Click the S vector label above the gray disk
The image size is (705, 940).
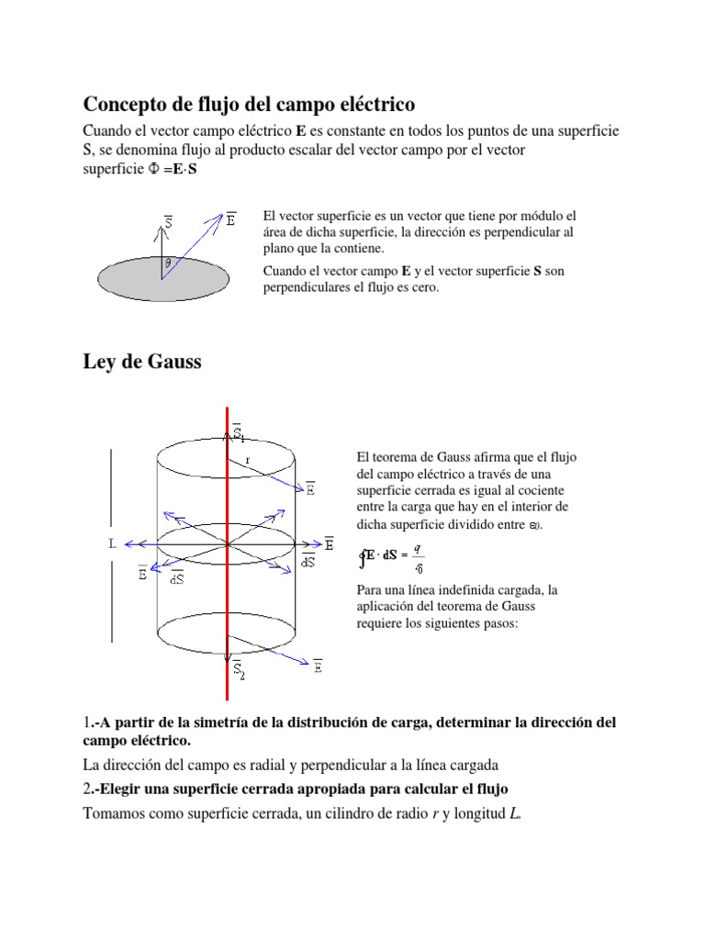point(169,221)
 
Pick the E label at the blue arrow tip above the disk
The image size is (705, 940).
point(230,219)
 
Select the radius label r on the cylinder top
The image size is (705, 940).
point(248,460)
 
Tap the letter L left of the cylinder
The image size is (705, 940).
point(112,543)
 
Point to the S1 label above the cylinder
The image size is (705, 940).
point(239,432)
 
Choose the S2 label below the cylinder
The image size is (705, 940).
point(239,670)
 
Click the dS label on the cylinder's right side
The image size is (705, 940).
point(308,562)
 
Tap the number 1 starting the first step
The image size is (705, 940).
point(87,723)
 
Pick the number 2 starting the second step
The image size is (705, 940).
point(87,789)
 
